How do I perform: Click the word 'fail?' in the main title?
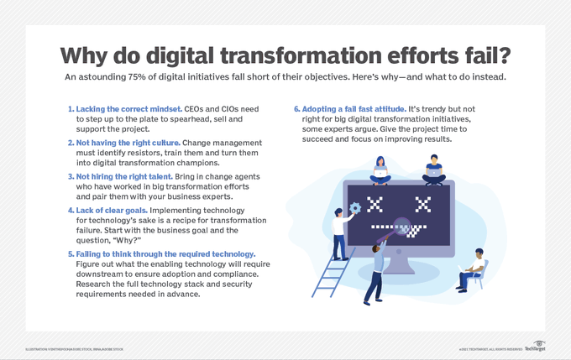pyautogui.click(x=476, y=55)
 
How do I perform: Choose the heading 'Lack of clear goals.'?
pyautogui.click(x=109, y=211)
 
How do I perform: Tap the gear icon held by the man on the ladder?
pyautogui.click(x=355, y=207)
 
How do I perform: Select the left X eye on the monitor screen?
pyautogui.click(x=375, y=203)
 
